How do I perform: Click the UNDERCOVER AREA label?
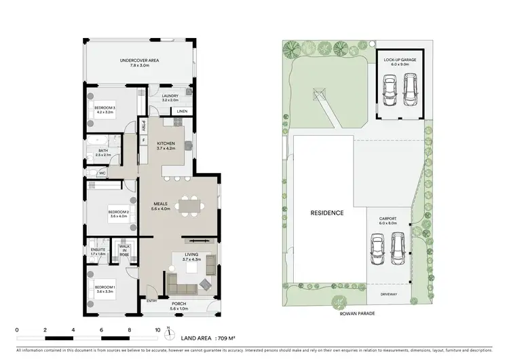tap(139, 61)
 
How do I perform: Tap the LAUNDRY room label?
tap(170, 96)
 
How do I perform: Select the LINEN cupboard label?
tap(181, 111)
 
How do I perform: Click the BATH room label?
tap(103, 151)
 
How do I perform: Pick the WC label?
tap(102, 173)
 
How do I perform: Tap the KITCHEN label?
tap(166, 144)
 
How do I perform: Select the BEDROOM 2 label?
tap(118, 213)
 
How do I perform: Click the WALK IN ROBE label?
tap(124, 250)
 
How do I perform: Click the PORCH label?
tap(178, 304)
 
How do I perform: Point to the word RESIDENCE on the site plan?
tap(326, 213)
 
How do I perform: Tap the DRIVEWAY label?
tap(389, 294)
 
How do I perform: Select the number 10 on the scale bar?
tap(157, 329)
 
